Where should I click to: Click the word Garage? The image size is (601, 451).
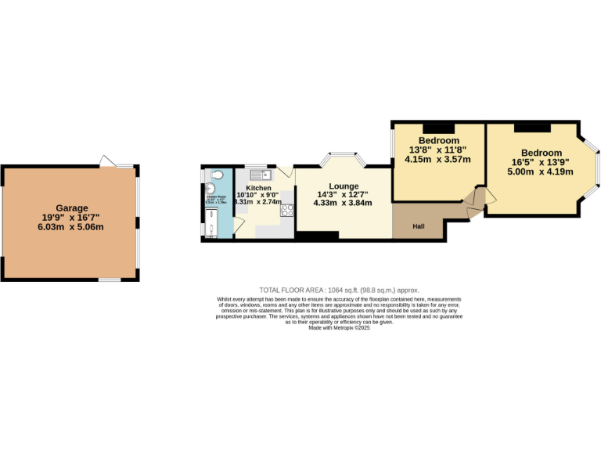[71, 208]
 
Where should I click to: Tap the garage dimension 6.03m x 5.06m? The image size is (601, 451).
[71, 227]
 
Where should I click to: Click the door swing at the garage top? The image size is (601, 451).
[106, 161]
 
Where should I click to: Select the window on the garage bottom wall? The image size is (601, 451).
[109, 280]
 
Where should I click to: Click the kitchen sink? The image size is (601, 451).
[261, 174]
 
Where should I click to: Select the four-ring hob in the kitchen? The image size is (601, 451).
[287, 210]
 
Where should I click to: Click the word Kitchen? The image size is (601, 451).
[259, 188]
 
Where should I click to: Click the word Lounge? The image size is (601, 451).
[344, 186]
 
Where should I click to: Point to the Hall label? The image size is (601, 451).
[419, 227]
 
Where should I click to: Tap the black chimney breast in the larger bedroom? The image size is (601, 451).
[531, 125]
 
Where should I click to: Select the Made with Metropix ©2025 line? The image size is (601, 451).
[339, 328]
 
